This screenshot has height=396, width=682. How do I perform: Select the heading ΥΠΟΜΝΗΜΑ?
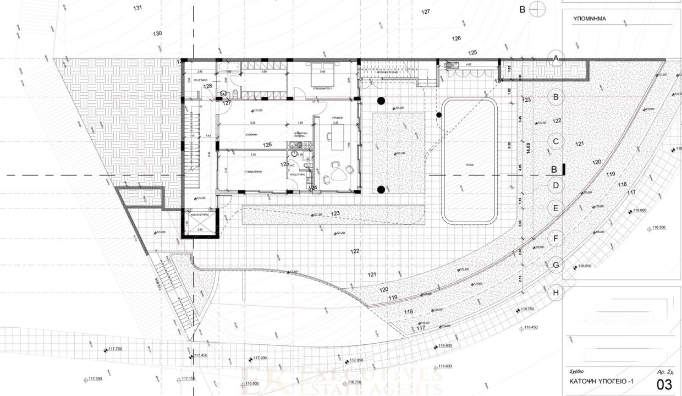point(590,18)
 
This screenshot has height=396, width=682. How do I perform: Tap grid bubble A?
point(556,58)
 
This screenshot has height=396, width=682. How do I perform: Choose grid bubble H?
point(556,293)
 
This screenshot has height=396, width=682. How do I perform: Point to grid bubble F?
point(556,239)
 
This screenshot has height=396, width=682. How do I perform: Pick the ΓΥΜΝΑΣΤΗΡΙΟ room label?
point(253,172)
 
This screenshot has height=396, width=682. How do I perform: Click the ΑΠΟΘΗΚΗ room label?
point(252,134)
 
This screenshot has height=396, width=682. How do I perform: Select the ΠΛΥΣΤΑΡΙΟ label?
point(192,79)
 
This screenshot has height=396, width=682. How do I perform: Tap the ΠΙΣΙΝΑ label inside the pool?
point(470,164)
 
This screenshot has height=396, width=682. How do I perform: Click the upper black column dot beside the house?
point(380,101)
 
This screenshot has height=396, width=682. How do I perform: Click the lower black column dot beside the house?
point(381,190)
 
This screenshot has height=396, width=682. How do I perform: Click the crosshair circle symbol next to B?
point(538,8)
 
